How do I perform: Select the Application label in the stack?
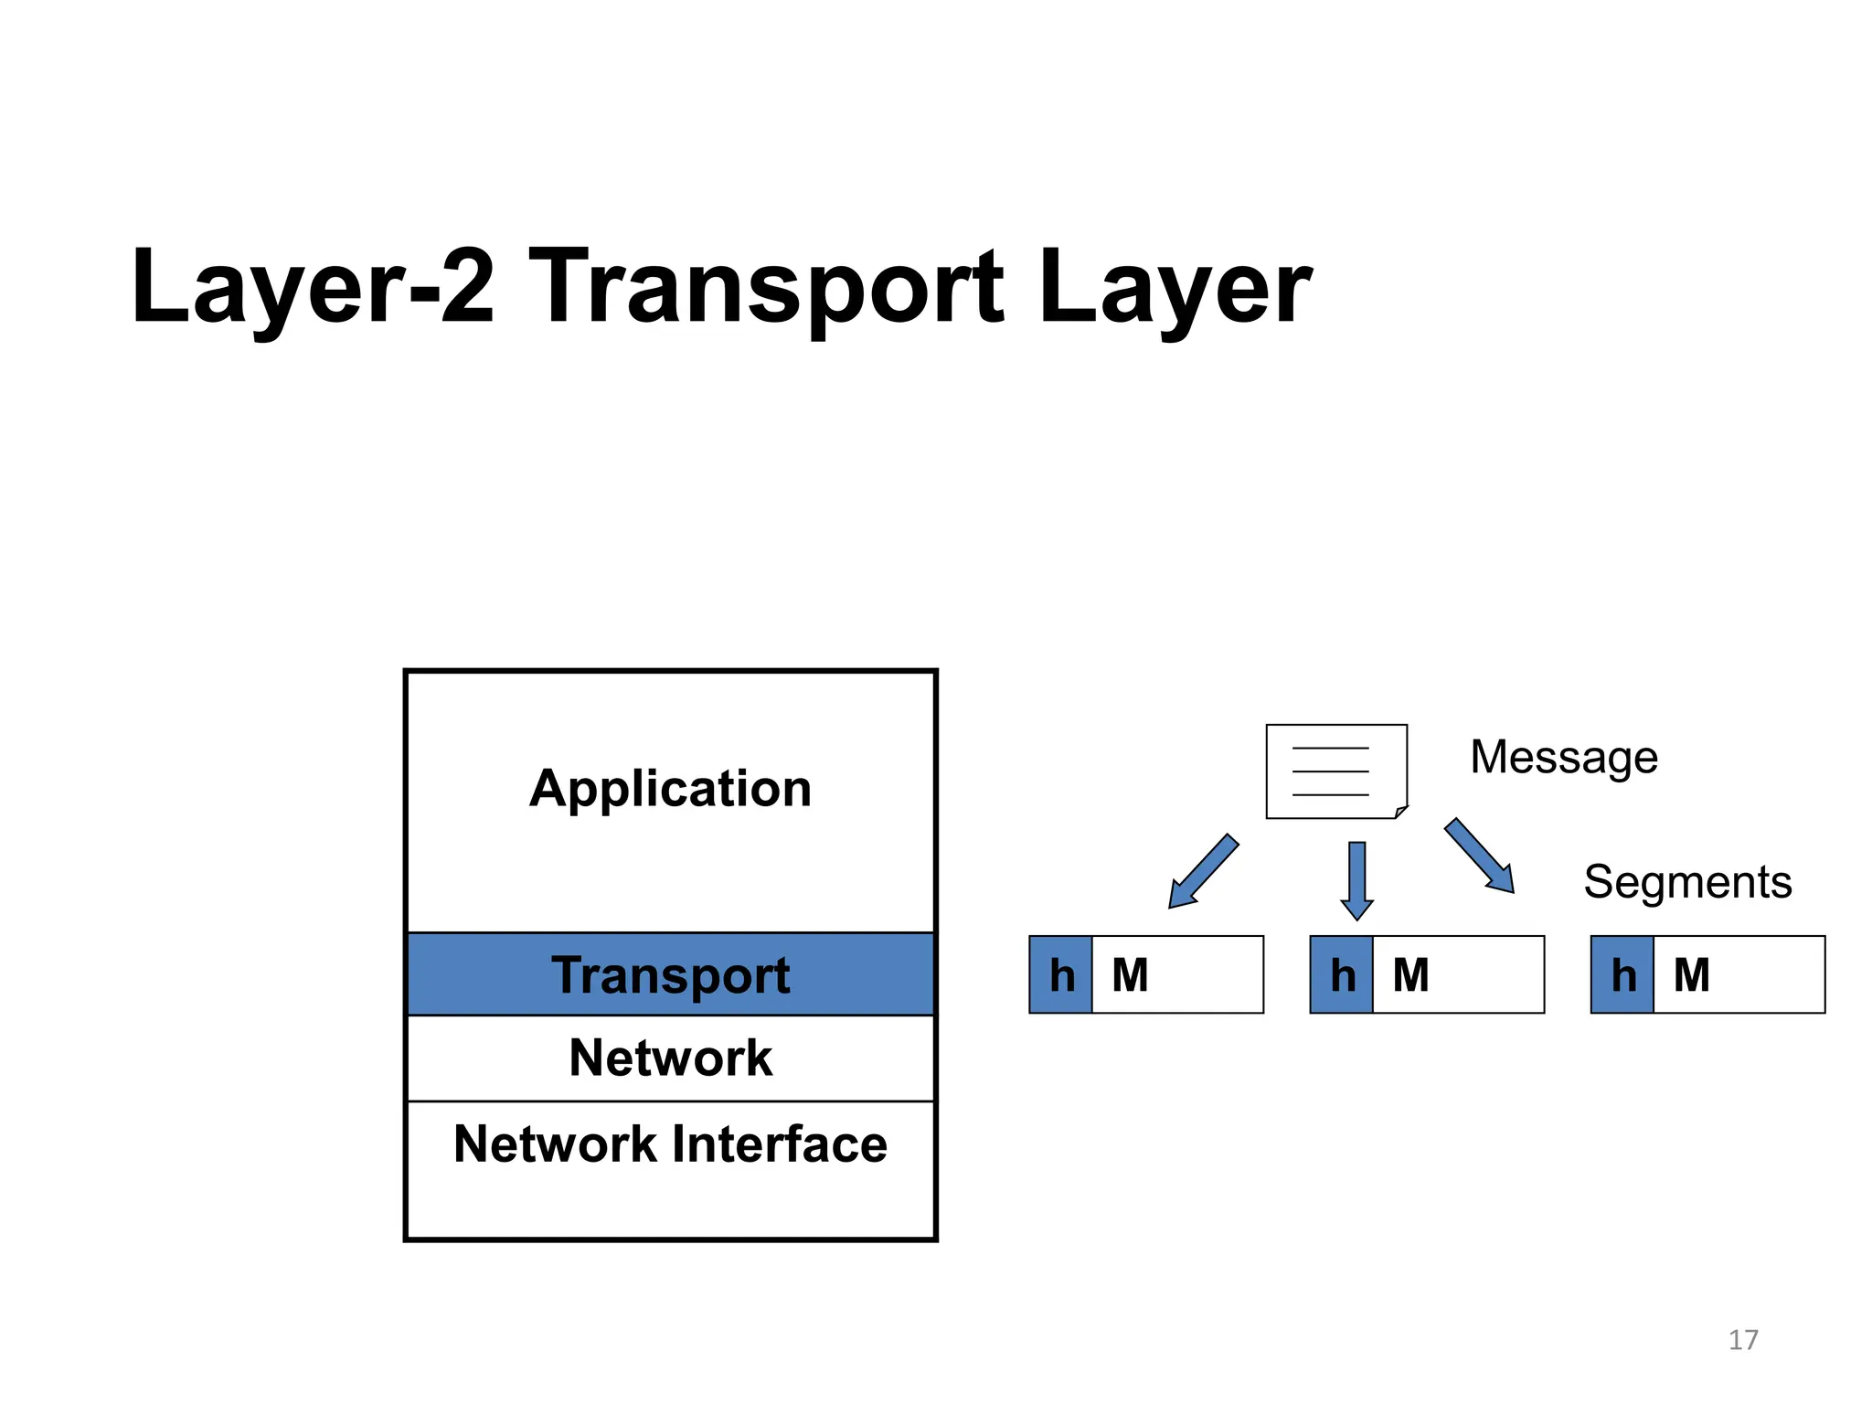(x=670, y=788)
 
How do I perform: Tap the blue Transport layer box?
(x=670, y=974)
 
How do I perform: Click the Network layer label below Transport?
(x=670, y=1058)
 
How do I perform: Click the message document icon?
(x=1335, y=771)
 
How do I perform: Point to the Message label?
(x=1563, y=757)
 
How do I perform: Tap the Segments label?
(x=1686, y=882)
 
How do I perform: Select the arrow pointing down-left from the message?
(x=1202, y=872)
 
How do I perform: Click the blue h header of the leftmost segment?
(x=1061, y=974)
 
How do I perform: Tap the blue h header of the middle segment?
(x=1342, y=974)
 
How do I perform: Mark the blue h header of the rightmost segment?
(x=1622, y=974)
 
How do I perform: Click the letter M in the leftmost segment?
(x=1130, y=974)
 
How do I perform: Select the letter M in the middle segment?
(x=1410, y=974)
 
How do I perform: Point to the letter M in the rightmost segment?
(x=1691, y=974)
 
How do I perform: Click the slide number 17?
(x=1742, y=1340)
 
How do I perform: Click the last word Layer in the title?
(x=1175, y=288)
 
